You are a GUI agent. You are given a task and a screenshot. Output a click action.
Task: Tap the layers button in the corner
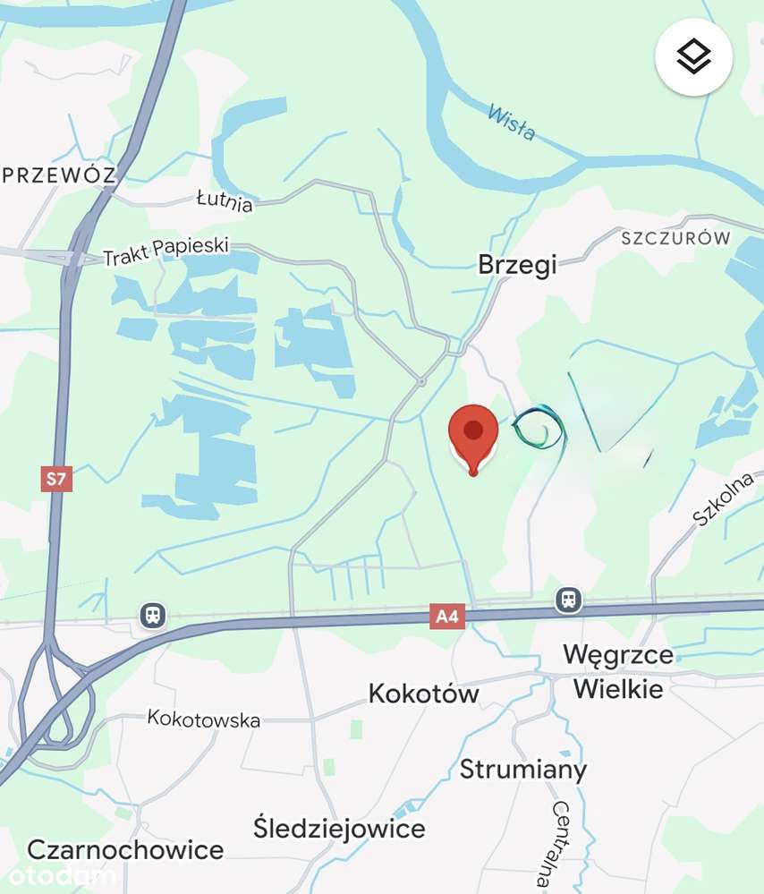pos(694,57)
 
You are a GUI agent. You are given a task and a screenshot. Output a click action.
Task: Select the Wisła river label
pos(512,123)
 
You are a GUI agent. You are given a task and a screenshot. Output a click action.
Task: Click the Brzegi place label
pos(517,264)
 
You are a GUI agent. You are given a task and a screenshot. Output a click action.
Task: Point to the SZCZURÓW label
pos(675,239)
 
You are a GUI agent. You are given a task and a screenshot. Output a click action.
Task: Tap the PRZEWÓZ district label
pos(60,175)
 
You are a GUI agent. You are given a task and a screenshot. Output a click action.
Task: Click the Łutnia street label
pos(224,201)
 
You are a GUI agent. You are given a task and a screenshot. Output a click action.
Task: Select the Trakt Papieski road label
pos(166,251)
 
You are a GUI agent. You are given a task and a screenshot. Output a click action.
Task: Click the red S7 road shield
pos(56,479)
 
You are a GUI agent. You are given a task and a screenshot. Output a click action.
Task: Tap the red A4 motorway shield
pos(446,616)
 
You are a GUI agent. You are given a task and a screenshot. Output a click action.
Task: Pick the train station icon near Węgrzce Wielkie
pos(568,599)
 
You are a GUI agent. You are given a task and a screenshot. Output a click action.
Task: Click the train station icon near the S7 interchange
pos(153,615)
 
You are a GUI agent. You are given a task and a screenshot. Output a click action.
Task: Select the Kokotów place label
pos(424,694)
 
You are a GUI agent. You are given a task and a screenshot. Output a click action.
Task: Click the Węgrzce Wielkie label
pos(618,671)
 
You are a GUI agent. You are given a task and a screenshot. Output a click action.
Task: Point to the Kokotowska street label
pos(204,719)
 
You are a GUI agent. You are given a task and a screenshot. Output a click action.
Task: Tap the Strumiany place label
pos(523,770)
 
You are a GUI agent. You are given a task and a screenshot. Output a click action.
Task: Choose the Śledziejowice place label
pos(339,828)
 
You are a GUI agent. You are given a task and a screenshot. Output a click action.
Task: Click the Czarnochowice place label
pos(125,849)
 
